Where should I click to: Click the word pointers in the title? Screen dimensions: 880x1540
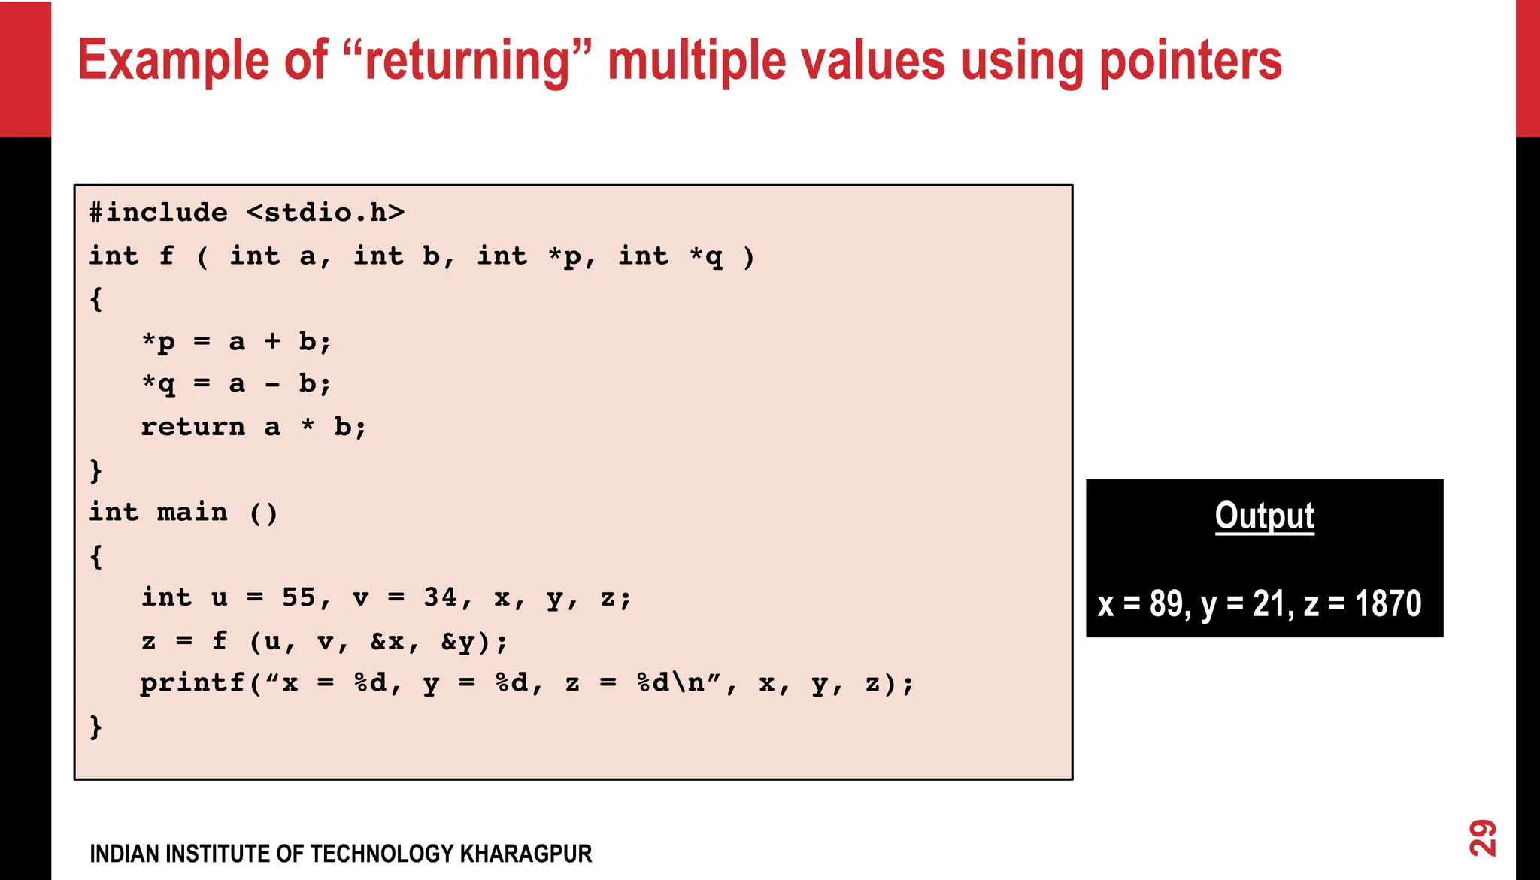tap(1190, 62)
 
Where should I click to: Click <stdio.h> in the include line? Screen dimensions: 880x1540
tap(325, 213)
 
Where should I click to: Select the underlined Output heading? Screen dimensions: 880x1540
tap(1264, 516)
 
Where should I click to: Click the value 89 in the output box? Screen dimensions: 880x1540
tap(1166, 603)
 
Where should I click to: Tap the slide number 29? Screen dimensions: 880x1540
tap(1482, 837)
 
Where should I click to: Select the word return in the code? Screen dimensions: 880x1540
tap(192, 427)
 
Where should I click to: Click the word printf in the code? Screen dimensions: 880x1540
tap(192, 683)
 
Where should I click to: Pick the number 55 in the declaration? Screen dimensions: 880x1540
tap(299, 597)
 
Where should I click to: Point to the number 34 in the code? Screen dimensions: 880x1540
tap(440, 597)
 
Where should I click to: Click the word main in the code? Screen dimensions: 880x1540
tap(192, 513)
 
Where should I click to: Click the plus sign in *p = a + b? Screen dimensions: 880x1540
tap(271, 342)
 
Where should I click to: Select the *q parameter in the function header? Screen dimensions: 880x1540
tap(706, 256)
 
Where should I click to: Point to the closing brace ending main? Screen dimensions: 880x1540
tap(95, 727)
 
